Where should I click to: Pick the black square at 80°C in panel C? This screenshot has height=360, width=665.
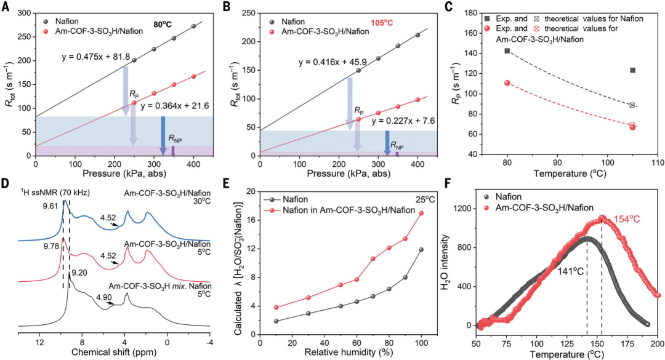pos(507,50)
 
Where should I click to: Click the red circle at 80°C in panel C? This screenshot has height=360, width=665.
pos(507,83)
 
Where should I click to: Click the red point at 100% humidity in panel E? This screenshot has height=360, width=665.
pos(421,213)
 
